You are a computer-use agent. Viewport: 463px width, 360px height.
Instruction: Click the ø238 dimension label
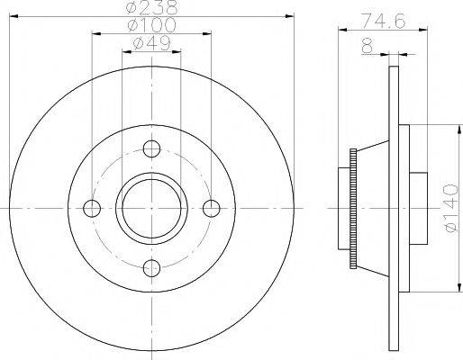[x=152, y=7]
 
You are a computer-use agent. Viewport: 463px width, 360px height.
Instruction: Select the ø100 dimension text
[x=151, y=25]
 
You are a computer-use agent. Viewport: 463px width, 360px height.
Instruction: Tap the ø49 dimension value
[x=151, y=43]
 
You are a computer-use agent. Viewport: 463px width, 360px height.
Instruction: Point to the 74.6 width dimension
[x=383, y=21]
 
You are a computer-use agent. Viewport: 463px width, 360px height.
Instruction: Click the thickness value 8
[x=368, y=47]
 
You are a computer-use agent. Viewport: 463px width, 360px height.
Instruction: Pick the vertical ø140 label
[x=452, y=208]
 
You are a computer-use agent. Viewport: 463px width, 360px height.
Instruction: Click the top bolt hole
[x=151, y=148]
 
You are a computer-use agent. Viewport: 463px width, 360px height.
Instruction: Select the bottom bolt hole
[x=151, y=268]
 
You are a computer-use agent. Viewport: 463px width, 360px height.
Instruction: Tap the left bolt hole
[x=92, y=208]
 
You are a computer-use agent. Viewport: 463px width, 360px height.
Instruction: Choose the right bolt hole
[x=212, y=208]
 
